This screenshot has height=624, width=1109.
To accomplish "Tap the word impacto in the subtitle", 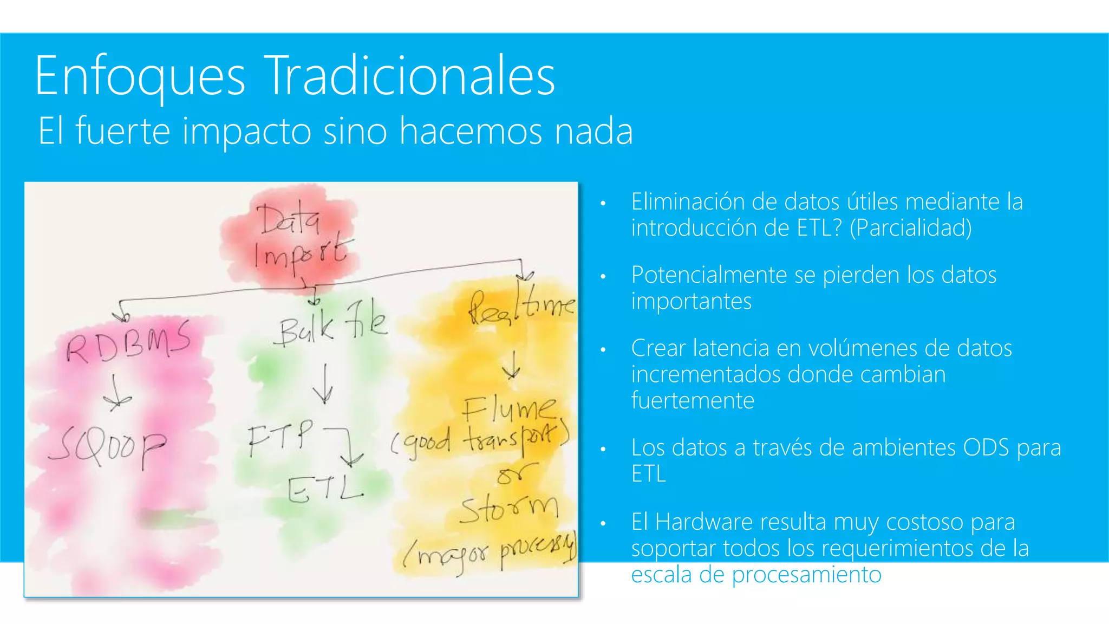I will pos(246,132).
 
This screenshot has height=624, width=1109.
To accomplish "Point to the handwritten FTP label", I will pos(280,437).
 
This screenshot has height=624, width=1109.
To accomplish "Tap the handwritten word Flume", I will pos(508,409).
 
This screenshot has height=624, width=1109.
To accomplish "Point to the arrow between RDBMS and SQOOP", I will pos(115,393).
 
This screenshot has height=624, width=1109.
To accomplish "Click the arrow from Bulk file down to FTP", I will pos(324,385).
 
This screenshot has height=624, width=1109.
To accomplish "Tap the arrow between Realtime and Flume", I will pos(511,365).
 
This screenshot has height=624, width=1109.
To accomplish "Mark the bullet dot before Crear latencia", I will pos(603,350).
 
